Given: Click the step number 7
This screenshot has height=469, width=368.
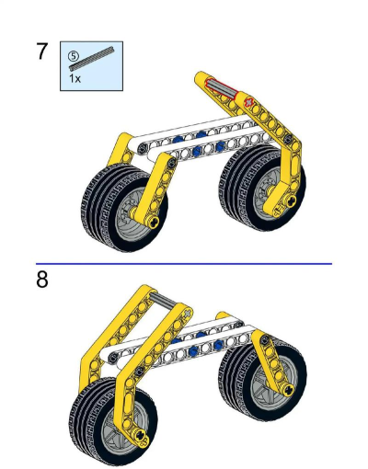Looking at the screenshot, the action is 42,51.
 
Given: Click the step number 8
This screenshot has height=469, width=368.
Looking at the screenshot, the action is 42,280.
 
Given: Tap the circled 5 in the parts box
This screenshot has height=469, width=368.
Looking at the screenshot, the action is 74,56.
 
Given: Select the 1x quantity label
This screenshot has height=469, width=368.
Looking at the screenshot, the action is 75,78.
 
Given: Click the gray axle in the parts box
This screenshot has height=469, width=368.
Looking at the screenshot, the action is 91,58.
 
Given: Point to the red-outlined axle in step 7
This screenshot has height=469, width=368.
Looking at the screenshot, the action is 223,87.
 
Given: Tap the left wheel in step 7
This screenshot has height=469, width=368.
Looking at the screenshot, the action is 124,207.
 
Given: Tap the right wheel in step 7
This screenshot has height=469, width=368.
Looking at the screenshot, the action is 263,188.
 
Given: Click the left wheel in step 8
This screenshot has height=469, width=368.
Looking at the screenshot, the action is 113,421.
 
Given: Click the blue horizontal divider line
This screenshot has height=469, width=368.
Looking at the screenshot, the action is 184,263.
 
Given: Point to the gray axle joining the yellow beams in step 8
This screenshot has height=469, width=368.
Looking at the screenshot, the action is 163,299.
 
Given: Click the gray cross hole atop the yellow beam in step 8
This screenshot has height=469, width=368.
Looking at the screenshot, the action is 187,314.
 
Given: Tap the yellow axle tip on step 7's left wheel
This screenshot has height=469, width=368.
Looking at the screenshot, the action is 153,221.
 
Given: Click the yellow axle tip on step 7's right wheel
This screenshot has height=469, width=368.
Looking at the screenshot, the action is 290,200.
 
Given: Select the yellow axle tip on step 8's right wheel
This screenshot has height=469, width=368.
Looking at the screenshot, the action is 288,390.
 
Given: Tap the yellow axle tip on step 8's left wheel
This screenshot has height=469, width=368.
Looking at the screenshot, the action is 141,435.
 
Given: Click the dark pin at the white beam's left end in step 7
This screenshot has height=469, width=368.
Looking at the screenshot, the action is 143,148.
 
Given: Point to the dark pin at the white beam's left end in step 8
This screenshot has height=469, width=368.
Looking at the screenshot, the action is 114,357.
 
